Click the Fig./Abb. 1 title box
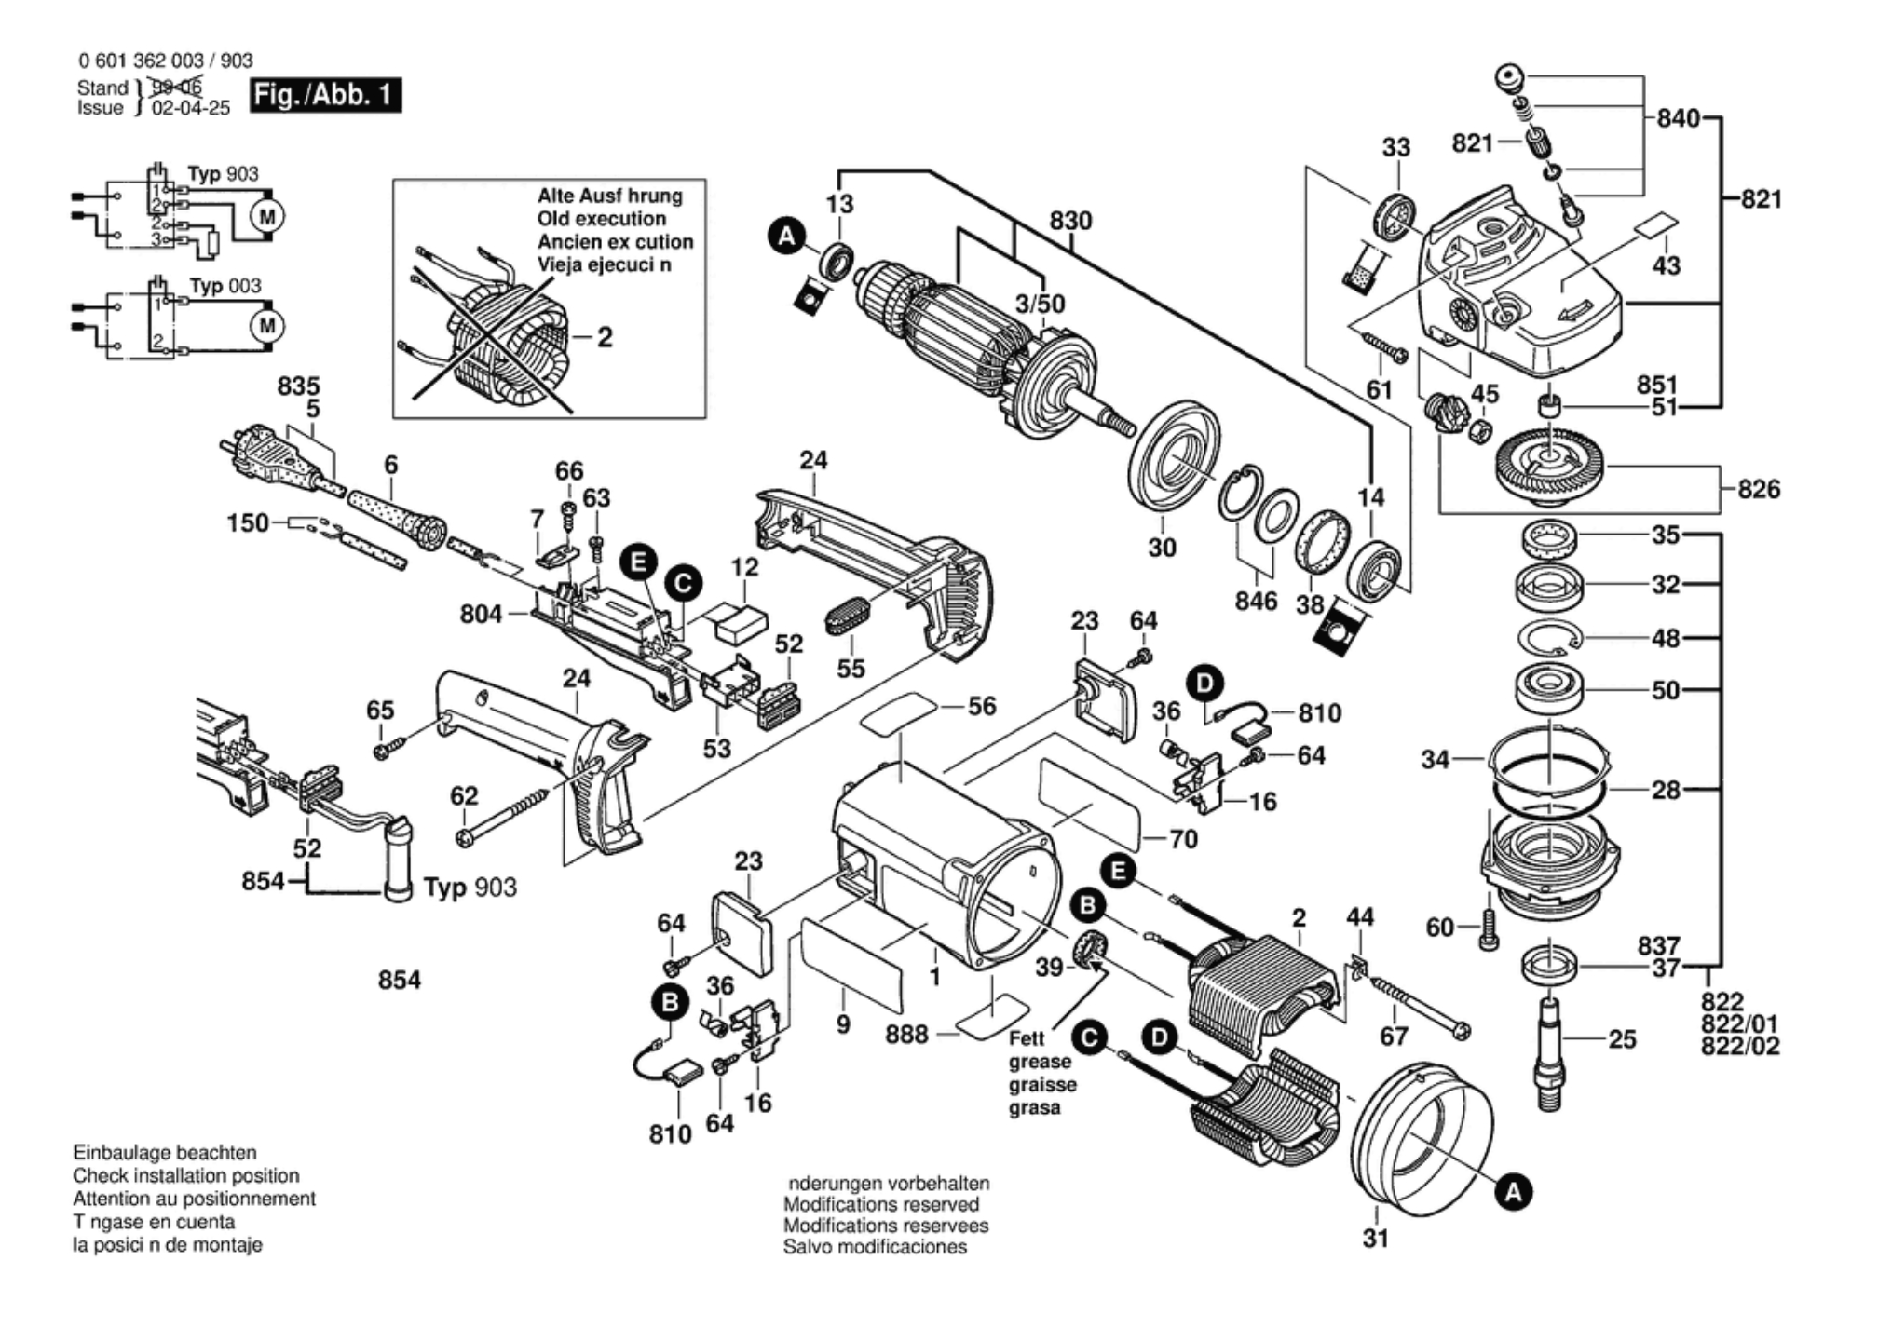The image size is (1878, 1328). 325,95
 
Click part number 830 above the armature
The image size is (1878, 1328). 1070,221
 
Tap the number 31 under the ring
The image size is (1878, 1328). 1375,1238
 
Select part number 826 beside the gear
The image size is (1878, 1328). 1758,489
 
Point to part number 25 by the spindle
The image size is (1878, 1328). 1622,1039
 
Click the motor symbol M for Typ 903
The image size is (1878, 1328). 267,217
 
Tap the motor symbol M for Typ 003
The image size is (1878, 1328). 267,326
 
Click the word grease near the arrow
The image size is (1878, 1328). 1040,1062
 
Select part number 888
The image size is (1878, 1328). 906,1035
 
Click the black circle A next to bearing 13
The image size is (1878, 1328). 786,237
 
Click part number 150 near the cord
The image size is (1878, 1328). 248,522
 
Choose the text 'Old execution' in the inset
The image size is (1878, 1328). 601,219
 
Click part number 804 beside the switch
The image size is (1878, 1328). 481,614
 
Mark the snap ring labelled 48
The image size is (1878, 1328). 1548,639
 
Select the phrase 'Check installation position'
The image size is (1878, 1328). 186,1176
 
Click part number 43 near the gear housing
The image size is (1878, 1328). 1666,265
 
